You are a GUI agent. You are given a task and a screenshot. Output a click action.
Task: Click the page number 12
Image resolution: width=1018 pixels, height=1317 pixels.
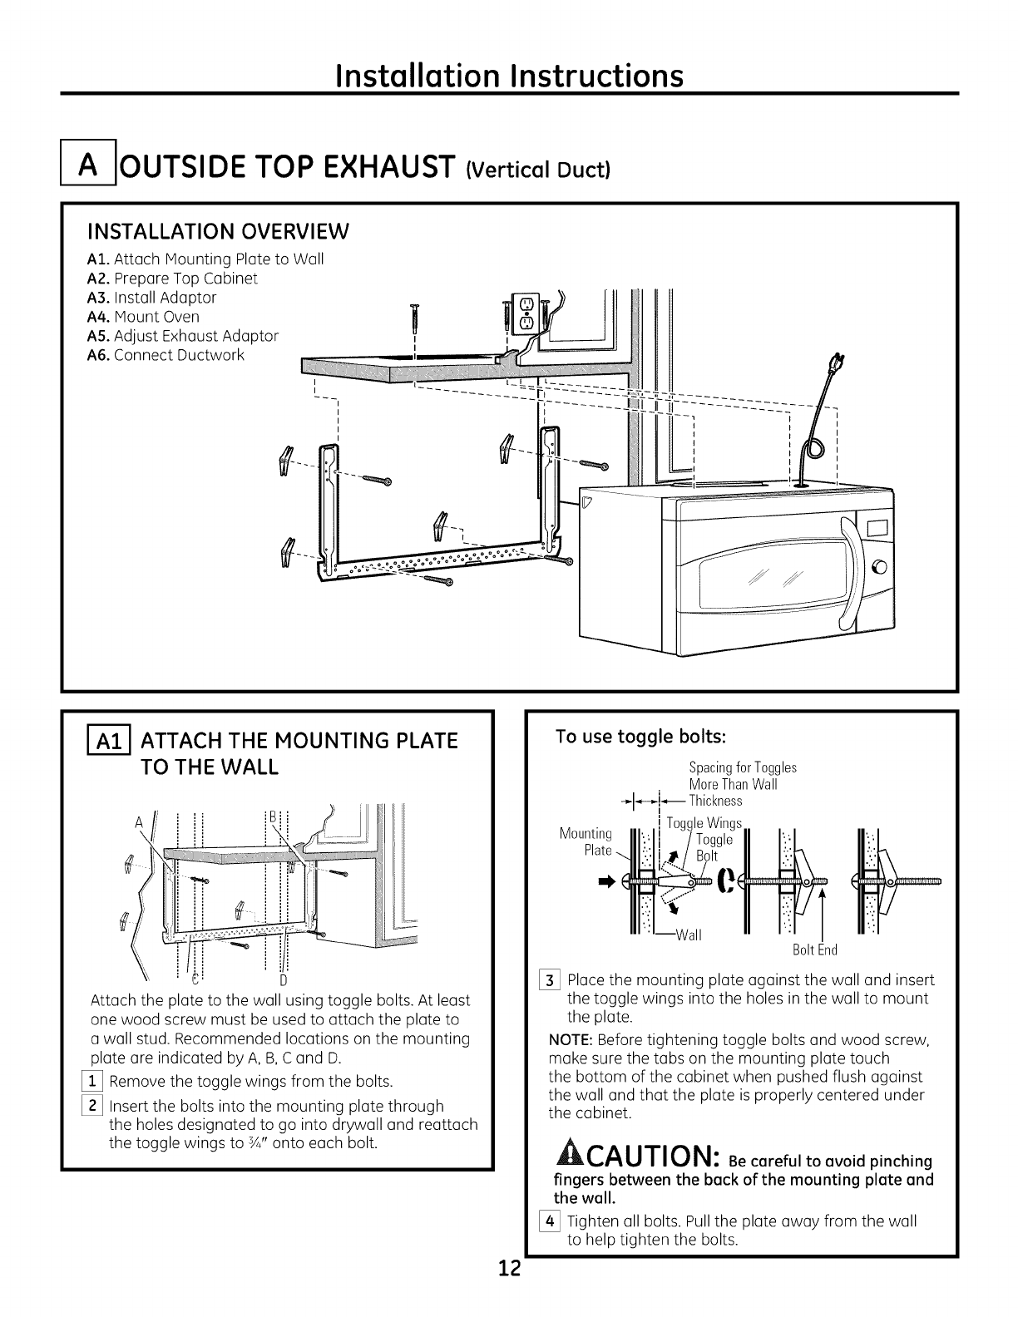(509, 1292)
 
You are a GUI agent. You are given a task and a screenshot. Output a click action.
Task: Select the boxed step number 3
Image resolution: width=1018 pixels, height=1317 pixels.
(555, 979)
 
